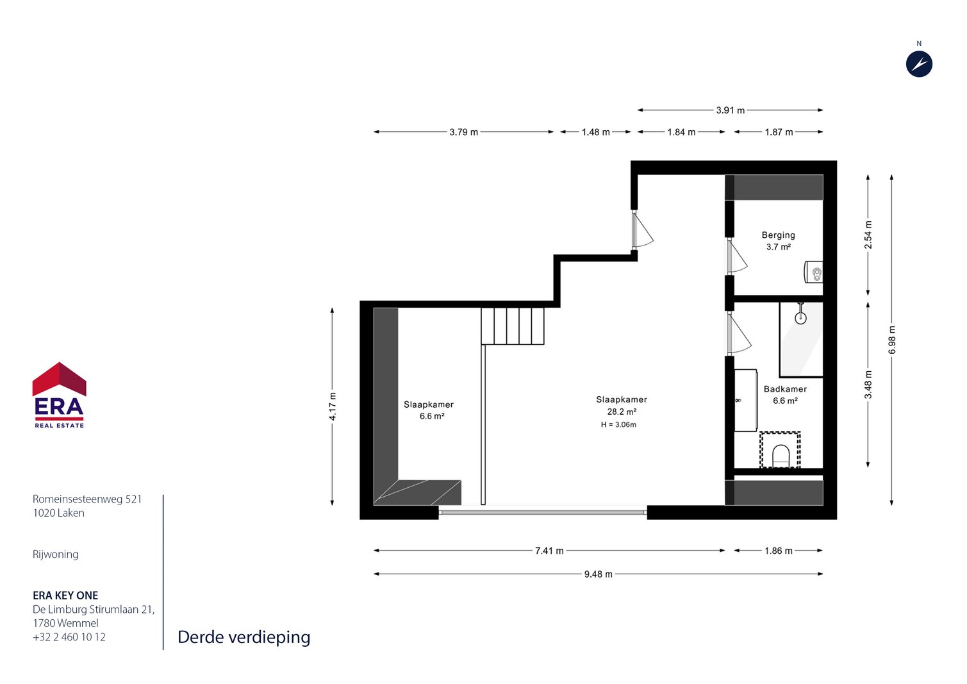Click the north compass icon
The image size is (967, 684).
[x=919, y=64]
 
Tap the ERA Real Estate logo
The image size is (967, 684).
[x=59, y=395]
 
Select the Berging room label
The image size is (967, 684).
[x=778, y=235]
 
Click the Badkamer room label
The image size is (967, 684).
[x=785, y=389]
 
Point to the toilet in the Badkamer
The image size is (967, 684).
[x=780, y=456]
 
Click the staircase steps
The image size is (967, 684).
[x=513, y=326]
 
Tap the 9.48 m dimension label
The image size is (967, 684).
[x=598, y=574]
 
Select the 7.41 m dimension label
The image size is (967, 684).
[x=549, y=551]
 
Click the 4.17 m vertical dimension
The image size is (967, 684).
[x=333, y=406]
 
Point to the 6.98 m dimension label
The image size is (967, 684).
[x=892, y=339]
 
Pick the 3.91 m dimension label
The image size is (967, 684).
[x=731, y=110]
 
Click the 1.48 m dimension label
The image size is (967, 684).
[x=595, y=132]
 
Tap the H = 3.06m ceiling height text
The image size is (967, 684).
[x=618, y=425]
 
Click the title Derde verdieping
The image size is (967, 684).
[x=244, y=637]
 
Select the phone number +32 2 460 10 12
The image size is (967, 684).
[x=69, y=637]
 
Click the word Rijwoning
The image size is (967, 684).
[x=55, y=555]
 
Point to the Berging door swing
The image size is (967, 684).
[x=738, y=256]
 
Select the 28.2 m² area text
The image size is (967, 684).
[x=622, y=412]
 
